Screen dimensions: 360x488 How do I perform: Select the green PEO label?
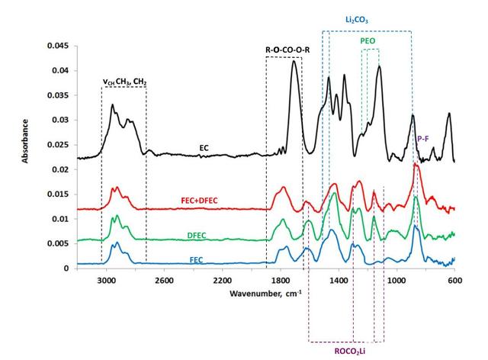pos(368,39)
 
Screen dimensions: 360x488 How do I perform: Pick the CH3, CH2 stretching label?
pos(124,81)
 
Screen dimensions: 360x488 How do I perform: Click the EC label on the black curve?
pos(204,146)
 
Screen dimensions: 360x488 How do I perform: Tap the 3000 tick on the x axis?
pos(106,280)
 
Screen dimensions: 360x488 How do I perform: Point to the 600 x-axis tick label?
pos(454,280)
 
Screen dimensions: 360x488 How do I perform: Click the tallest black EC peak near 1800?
pos(294,62)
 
